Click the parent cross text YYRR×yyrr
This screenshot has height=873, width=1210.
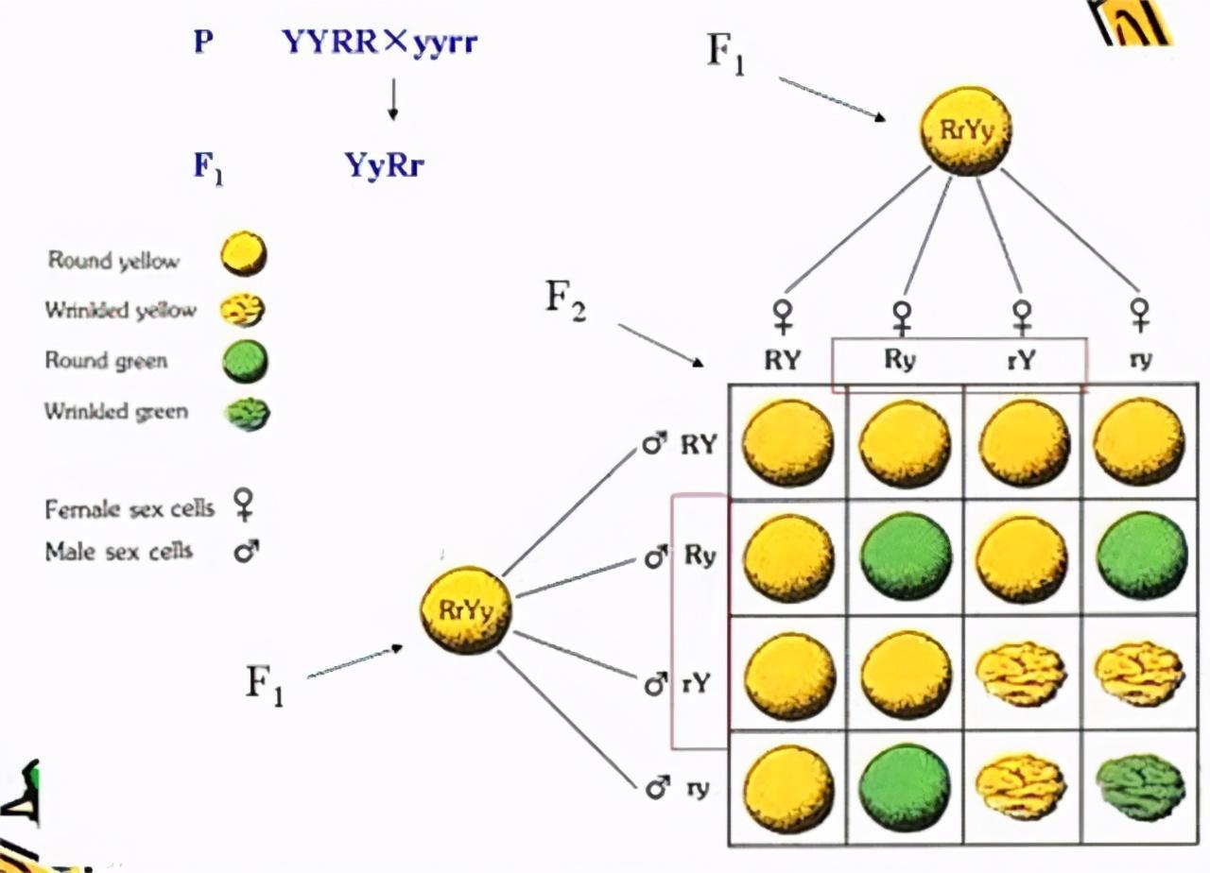(378, 43)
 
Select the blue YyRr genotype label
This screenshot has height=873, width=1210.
(384, 166)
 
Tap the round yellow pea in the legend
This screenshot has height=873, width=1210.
(243, 254)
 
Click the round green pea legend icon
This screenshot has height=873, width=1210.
(244, 362)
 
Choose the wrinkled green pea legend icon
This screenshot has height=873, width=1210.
(248, 413)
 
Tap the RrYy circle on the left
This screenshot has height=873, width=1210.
(467, 609)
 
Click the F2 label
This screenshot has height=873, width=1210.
(566, 300)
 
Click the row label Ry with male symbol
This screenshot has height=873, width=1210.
(681, 557)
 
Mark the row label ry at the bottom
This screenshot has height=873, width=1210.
(679, 786)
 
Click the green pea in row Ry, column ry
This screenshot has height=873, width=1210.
(1141, 556)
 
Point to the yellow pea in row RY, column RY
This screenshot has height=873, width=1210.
(788, 442)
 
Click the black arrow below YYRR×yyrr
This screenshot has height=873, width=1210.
(392, 100)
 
